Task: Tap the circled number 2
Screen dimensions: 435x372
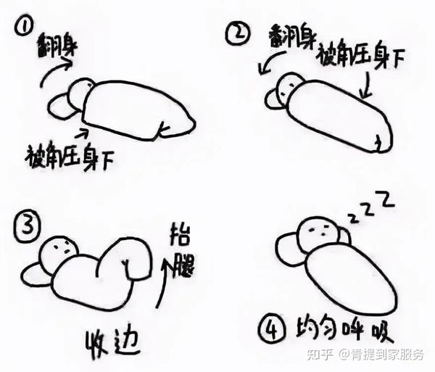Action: pos(238,34)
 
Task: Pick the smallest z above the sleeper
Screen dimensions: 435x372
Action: pos(353,218)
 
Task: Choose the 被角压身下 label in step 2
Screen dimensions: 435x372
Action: pos(360,56)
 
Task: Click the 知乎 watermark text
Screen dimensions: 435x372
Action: pos(320,355)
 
